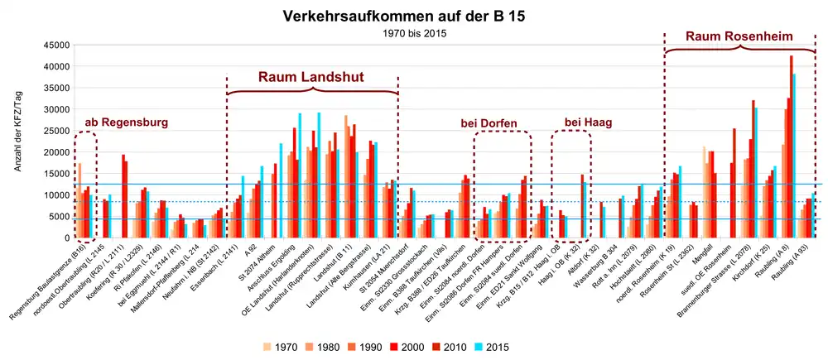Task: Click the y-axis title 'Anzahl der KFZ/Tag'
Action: [x=17, y=141]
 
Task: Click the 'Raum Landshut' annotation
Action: [x=310, y=77]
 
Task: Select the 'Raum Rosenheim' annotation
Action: [x=739, y=36]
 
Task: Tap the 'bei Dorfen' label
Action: [x=489, y=124]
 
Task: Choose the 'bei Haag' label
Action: [x=588, y=122]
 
